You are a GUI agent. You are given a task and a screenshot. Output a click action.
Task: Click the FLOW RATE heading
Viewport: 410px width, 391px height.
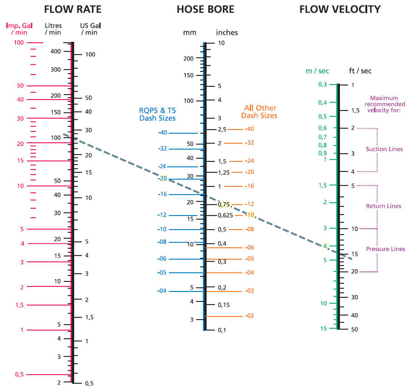72,10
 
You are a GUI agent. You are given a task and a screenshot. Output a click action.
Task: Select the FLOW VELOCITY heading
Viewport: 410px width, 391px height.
340,10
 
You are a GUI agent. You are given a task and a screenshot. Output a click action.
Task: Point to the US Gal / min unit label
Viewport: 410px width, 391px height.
89,29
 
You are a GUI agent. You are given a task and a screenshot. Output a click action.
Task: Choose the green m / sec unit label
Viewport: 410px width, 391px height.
317,71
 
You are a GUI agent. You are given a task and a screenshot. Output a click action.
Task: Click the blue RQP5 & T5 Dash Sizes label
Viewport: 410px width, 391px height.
157,114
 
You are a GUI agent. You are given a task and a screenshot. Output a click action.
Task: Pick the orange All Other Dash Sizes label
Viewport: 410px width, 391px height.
260,112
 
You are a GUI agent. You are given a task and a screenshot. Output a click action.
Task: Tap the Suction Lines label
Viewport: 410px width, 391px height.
384,149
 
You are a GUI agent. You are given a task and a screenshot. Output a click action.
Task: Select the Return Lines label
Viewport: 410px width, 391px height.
384,206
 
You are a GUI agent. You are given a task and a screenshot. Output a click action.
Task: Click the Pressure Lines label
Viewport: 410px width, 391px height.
385,249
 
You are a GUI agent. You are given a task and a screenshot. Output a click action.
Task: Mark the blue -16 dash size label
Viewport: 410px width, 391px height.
162,194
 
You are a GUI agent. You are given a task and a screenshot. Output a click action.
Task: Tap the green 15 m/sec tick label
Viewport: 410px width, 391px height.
323,328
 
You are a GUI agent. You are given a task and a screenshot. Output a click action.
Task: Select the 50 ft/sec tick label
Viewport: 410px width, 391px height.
354,329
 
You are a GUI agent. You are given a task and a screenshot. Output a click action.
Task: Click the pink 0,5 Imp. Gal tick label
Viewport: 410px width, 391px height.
19,375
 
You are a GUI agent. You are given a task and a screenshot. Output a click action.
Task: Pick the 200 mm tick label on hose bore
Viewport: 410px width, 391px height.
188,58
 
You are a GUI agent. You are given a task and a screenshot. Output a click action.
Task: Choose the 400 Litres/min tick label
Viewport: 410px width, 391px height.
56,51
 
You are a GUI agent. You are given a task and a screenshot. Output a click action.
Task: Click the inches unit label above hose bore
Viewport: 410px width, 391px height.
227,33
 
